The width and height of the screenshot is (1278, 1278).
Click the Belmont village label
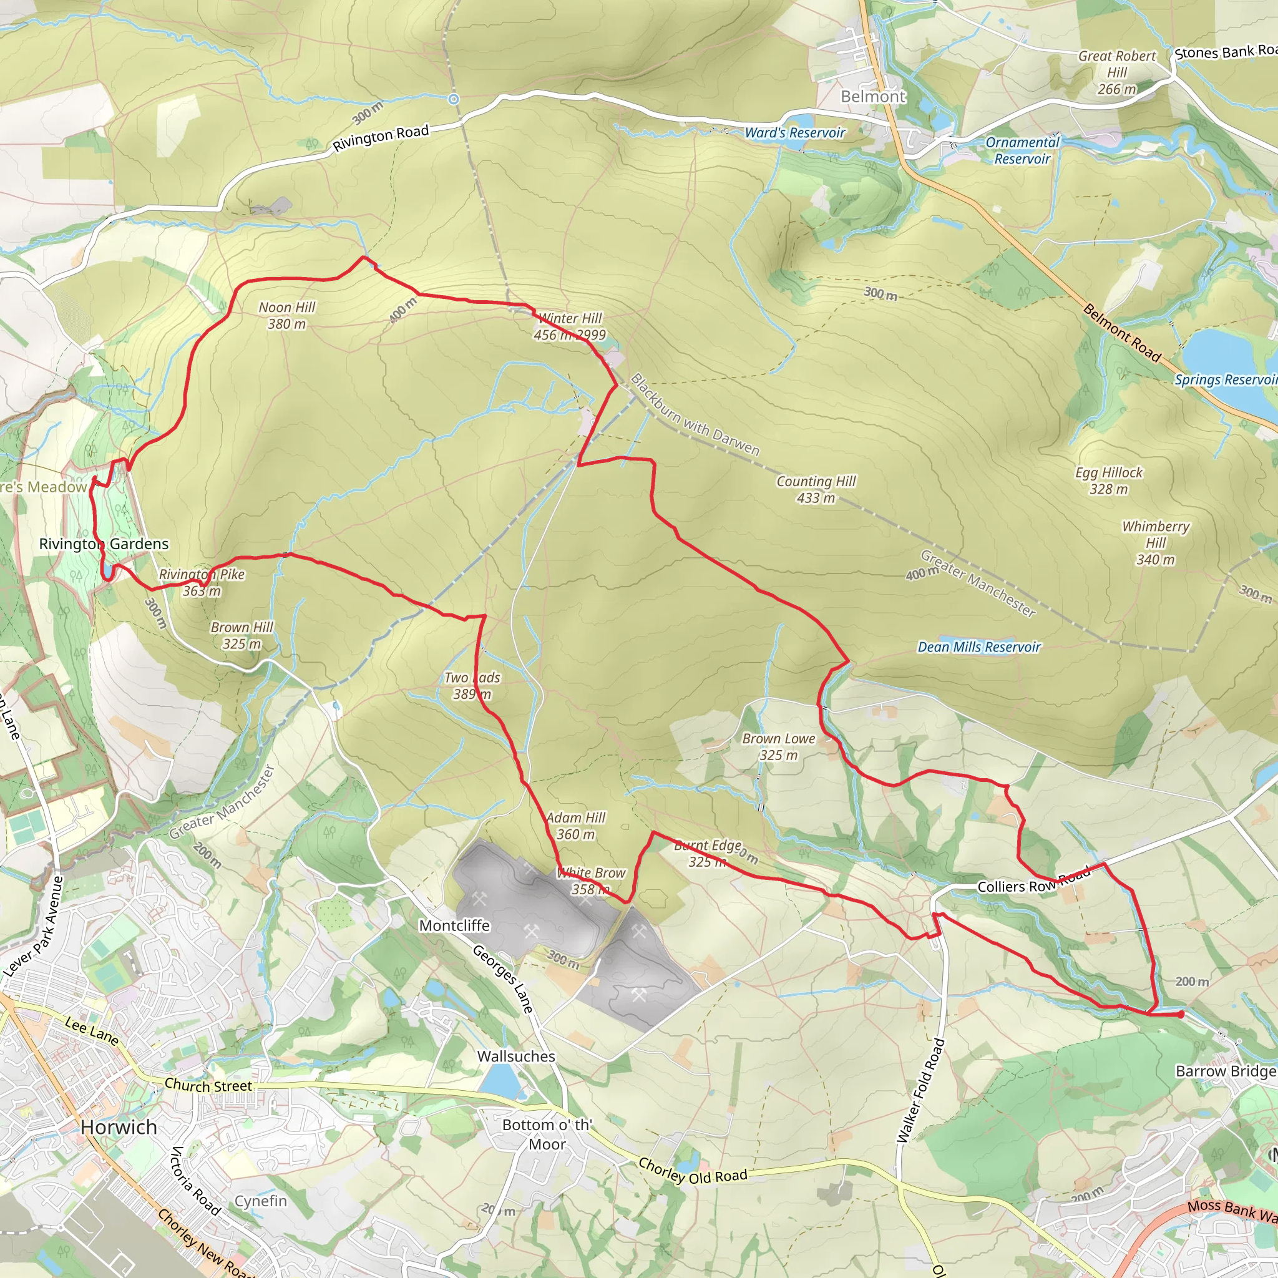pyautogui.click(x=872, y=97)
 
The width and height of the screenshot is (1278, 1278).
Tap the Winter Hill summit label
pyautogui.click(x=570, y=326)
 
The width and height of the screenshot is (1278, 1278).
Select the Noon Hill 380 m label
pyautogui.click(x=286, y=316)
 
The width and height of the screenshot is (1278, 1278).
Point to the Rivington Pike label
pyautogui.click(x=202, y=582)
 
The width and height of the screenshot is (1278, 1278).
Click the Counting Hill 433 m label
pyautogui.click(x=816, y=489)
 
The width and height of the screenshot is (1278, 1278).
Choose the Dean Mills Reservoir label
pyautogui.click(x=979, y=647)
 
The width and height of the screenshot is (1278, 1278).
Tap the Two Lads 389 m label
pyautogui.click(x=472, y=685)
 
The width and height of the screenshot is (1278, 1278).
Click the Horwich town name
pyautogui.click(x=119, y=1127)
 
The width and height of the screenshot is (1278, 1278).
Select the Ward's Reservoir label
pyautogui.click(x=795, y=133)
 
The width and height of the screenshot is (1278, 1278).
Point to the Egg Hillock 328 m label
pyautogui.click(x=1109, y=480)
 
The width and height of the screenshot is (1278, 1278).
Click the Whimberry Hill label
pyautogui.click(x=1156, y=542)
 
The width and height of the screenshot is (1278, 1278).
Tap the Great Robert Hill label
pyautogui.click(x=1116, y=72)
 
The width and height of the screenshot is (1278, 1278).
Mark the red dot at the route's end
pyautogui.click(x=1181, y=1014)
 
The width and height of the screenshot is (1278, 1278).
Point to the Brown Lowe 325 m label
pyautogui.click(x=779, y=746)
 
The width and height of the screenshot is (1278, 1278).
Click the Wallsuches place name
pyautogui.click(x=516, y=1056)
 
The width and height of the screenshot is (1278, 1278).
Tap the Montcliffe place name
pyautogui.click(x=454, y=925)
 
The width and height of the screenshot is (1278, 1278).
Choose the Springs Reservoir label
pyautogui.click(x=1226, y=379)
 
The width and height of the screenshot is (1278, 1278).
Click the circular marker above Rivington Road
pyautogui.click(x=453, y=99)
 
